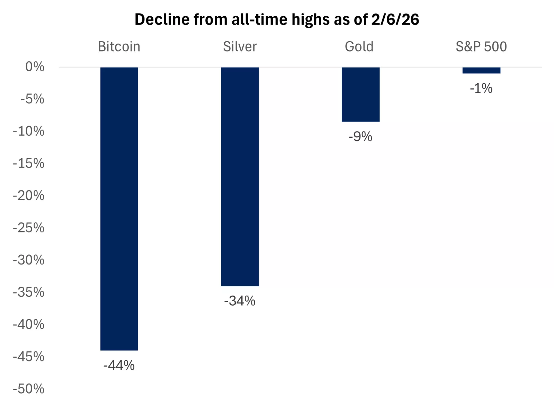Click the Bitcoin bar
[x=119, y=208]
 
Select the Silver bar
[x=240, y=176]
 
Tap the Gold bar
[x=360, y=94]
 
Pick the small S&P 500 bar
[x=481, y=70]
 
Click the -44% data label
[x=119, y=365]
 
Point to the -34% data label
[x=240, y=301]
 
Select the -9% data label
[x=360, y=137]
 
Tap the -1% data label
[x=481, y=88]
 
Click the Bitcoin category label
[x=119, y=46]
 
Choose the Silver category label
[x=240, y=46]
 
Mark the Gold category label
[x=359, y=46]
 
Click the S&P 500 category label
[x=481, y=46]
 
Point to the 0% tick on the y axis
[x=35, y=66]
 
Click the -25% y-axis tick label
[x=29, y=227]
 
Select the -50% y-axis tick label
[x=29, y=389]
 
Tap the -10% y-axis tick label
[x=29, y=131]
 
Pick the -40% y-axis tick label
[x=29, y=324]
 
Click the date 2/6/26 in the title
[x=395, y=19]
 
